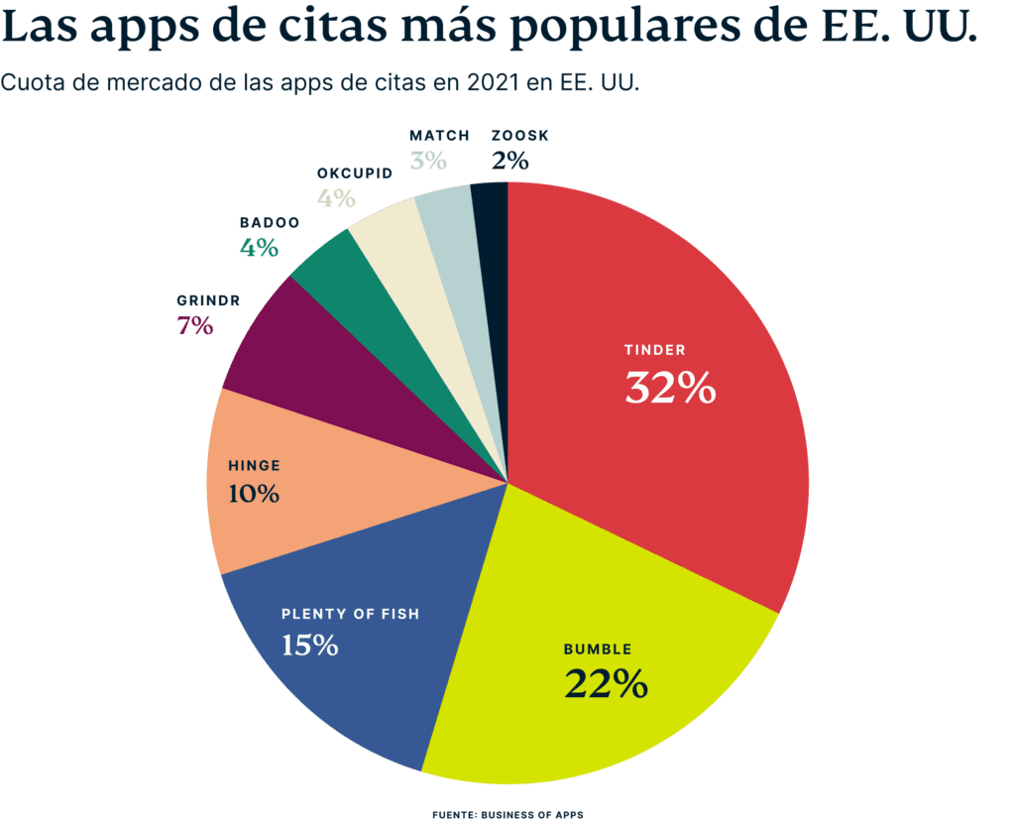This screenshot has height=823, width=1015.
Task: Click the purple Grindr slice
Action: (x=297, y=357)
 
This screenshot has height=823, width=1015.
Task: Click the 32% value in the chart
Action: (x=670, y=389)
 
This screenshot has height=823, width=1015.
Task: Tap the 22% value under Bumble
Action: (x=606, y=683)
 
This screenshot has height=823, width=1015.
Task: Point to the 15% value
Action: (x=309, y=646)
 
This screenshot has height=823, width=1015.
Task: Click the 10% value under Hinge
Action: (x=253, y=493)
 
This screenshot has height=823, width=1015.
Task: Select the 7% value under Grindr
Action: (x=195, y=325)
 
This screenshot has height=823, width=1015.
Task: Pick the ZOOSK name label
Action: (x=519, y=135)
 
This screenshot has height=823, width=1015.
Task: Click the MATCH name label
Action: (x=438, y=135)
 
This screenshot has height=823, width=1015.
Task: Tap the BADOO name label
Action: (x=269, y=223)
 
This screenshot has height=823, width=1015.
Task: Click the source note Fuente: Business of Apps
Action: (x=507, y=815)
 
